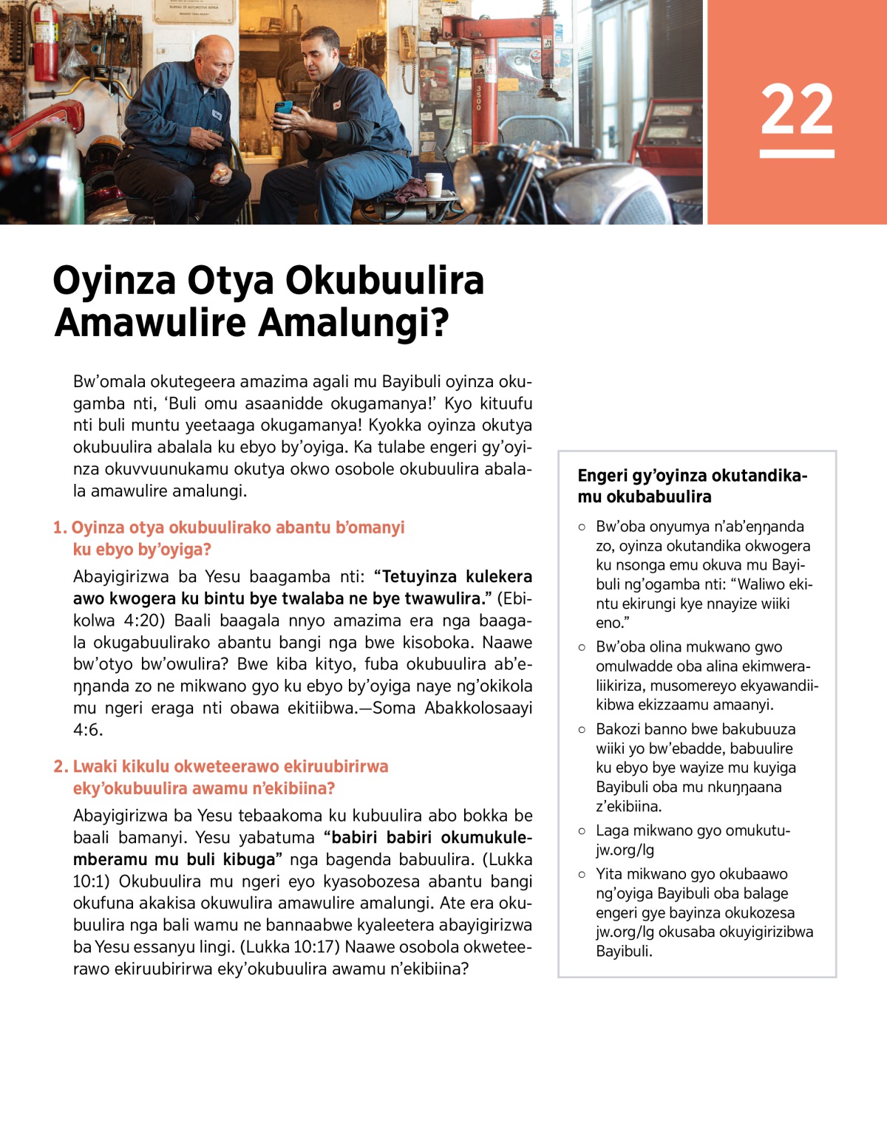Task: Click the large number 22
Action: pos(797,109)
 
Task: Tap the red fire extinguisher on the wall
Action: pos(45,44)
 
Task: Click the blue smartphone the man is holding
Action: pos(283,109)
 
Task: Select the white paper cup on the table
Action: pos(434,184)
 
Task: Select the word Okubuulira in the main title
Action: pos(384,281)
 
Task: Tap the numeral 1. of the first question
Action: pos(60,528)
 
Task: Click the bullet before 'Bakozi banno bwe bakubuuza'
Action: pos(582,729)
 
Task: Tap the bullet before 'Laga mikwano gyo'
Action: pos(582,830)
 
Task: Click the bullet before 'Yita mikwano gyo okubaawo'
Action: pos(582,874)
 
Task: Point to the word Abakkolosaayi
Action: pos(478,708)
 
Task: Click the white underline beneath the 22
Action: pos(797,154)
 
